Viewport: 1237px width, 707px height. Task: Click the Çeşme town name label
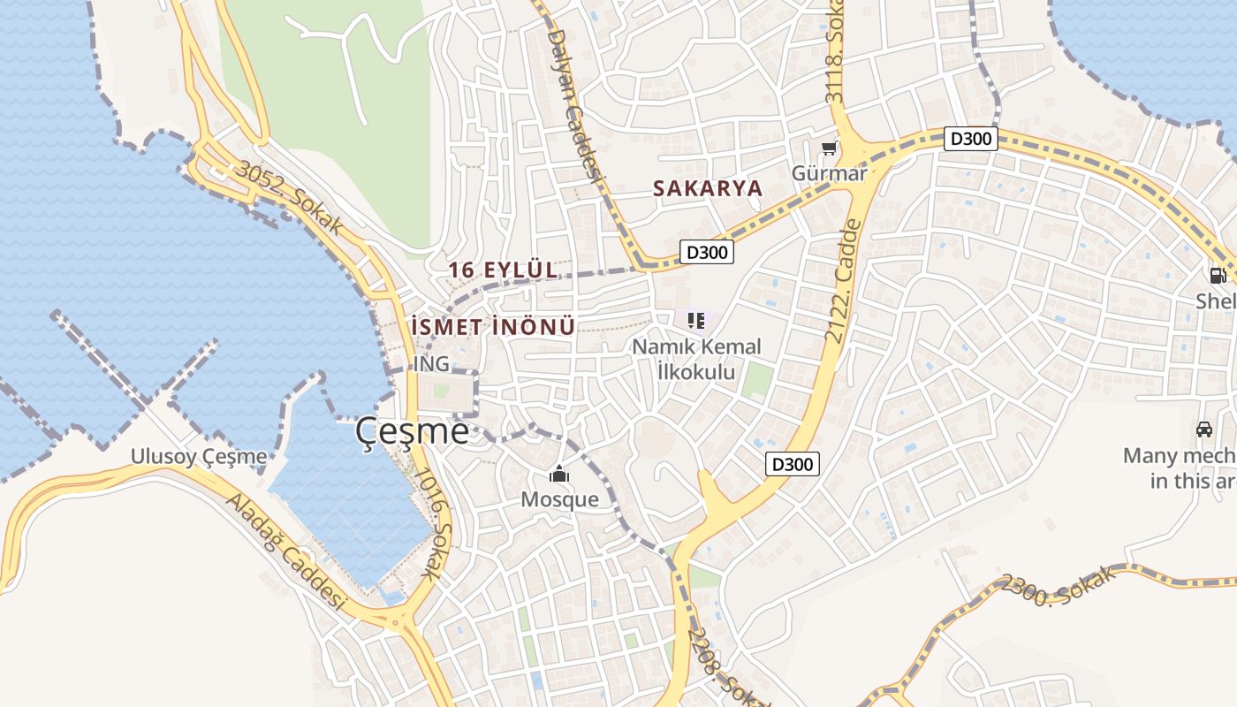(x=412, y=431)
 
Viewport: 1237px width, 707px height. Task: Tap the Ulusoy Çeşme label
(x=199, y=456)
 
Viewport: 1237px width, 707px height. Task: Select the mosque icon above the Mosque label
(x=558, y=475)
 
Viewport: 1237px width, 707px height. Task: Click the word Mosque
(x=559, y=499)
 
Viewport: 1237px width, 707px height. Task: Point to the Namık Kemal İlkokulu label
(x=696, y=359)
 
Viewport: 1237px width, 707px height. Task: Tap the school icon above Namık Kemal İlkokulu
(x=696, y=320)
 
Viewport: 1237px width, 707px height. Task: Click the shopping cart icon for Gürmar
(x=829, y=148)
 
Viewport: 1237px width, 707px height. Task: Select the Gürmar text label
(x=829, y=173)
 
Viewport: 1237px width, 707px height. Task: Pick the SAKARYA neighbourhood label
(x=707, y=188)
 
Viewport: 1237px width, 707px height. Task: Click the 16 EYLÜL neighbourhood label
(x=504, y=270)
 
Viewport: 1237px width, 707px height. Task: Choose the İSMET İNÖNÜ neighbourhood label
(x=493, y=327)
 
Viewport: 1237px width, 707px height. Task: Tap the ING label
(x=431, y=363)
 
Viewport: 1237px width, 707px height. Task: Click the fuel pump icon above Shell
(x=1218, y=276)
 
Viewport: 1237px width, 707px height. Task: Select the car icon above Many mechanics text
(x=1203, y=430)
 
